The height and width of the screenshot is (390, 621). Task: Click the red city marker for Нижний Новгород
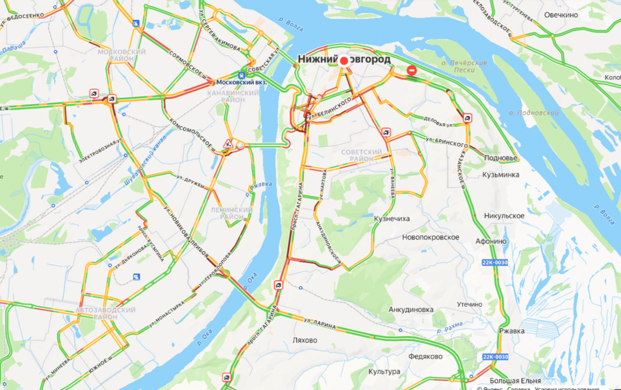tap(344, 61)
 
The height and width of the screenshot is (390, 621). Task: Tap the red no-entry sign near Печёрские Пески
tap(412, 70)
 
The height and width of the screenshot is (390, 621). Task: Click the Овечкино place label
tap(561, 15)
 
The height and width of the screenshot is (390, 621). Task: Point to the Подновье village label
tap(500, 158)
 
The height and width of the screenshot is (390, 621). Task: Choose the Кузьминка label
tap(500, 175)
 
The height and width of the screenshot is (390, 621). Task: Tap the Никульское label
tap(504, 216)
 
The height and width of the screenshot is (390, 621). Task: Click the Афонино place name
tap(491, 241)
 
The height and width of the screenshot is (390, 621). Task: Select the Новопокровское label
tap(431, 237)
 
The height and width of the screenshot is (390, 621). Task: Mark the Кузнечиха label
tap(392, 219)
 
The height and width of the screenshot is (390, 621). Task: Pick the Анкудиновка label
tap(410, 309)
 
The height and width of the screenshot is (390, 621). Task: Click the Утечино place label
tap(469, 304)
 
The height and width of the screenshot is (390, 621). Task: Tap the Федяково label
tap(425, 356)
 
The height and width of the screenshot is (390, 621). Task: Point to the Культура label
tap(384, 372)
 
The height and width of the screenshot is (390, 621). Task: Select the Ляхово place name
tap(305, 340)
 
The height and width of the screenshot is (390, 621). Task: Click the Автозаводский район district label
tap(106, 313)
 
